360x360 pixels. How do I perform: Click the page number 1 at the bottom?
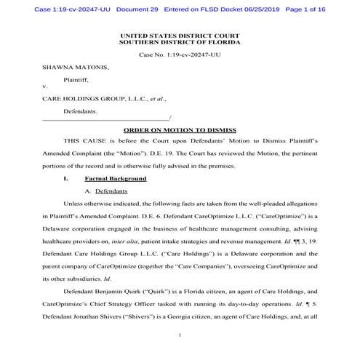(x=179, y=336)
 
